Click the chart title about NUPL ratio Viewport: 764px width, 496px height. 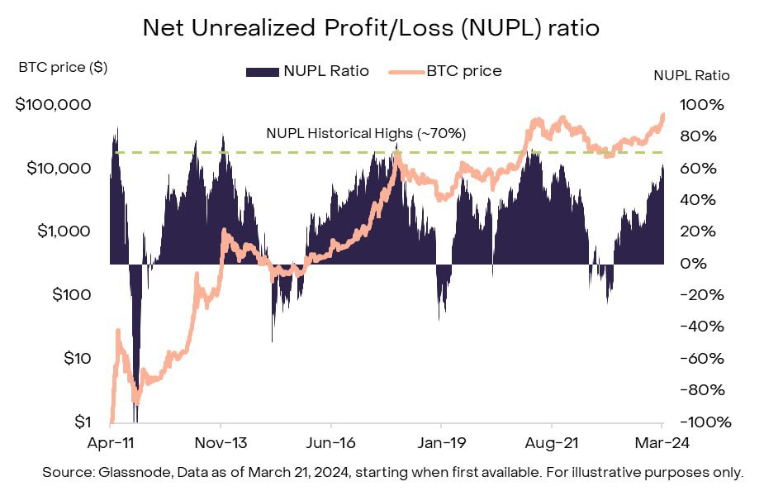pyautogui.click(x=371, y=27)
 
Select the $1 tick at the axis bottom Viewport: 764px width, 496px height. pyautogui.click(x=78, y=422)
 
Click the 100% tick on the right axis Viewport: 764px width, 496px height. pyautogui.click(x=703, y=105)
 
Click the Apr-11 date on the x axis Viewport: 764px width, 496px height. pyautogui.click(x=110, y=442)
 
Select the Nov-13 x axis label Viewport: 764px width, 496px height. pyautogui.click(x=221, y=442)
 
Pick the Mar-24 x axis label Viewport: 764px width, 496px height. pyautogui.click(x=663, y=442)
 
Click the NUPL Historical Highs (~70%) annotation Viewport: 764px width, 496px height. pyautogui.click(x=366, y=133)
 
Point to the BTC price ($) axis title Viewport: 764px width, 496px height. pyautogui.click(x=63, y=68)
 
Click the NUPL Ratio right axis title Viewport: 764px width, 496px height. pyautogui.click(x=691, y=75)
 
